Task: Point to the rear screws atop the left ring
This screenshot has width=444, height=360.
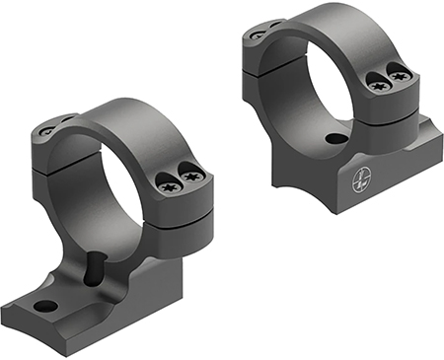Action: [x=49, y=126]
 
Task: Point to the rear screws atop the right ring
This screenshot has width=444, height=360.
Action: [x=259, y=33]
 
